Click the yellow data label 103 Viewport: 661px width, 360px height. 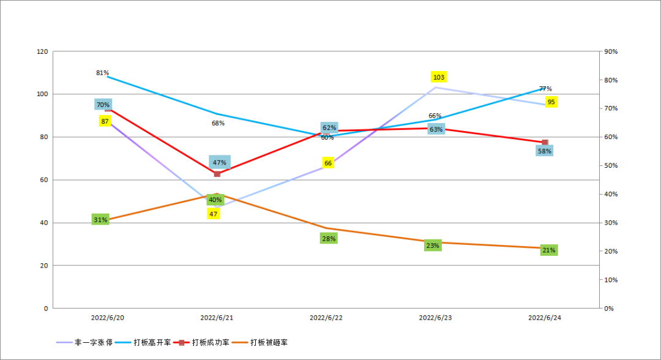tap(438, 77)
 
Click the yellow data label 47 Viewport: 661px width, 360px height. tap(213, 214)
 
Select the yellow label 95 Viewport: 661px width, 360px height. tap(551, 102)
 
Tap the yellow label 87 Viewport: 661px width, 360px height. tap(105, 121)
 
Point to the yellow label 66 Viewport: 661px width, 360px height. tap(328, 163)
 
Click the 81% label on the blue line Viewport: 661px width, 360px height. tap(102, 73)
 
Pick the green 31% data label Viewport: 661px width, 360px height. tap(100, 219)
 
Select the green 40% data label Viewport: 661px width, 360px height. tap(215, 200)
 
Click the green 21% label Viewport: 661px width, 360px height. tap(548, 250)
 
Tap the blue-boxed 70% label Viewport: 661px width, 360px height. tap(103, 105)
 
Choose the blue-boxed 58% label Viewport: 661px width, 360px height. tap(544, 151)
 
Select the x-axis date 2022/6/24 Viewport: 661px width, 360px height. tap(545, 318)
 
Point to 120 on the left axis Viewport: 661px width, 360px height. tap(42, 52)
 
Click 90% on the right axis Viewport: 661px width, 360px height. tap(611, 52)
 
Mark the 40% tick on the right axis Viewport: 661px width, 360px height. tap(611, 194)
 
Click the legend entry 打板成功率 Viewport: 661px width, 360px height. tap(211, 342)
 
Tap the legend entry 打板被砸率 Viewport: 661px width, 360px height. tap(269, 342)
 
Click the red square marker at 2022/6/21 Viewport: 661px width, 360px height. tap(217, 174)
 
